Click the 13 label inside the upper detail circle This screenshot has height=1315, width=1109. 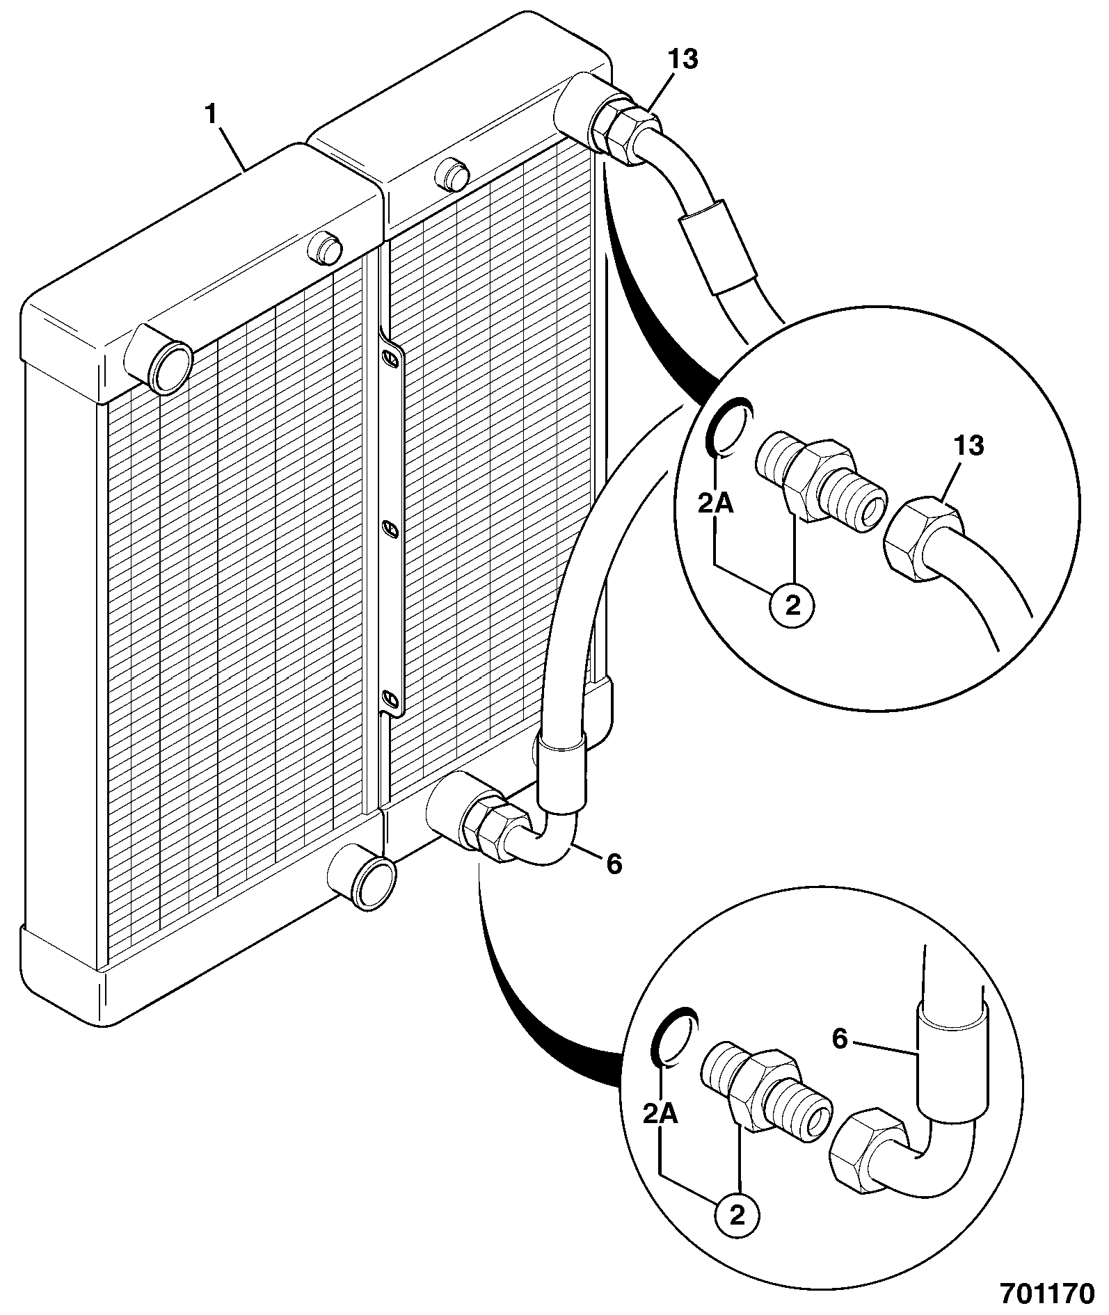point(969,446)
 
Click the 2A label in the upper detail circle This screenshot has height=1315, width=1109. point(717,503)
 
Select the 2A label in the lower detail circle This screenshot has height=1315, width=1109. point(660,1115)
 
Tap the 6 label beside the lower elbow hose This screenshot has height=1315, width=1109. point(613,864)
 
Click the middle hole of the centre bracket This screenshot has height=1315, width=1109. point(391,530)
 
